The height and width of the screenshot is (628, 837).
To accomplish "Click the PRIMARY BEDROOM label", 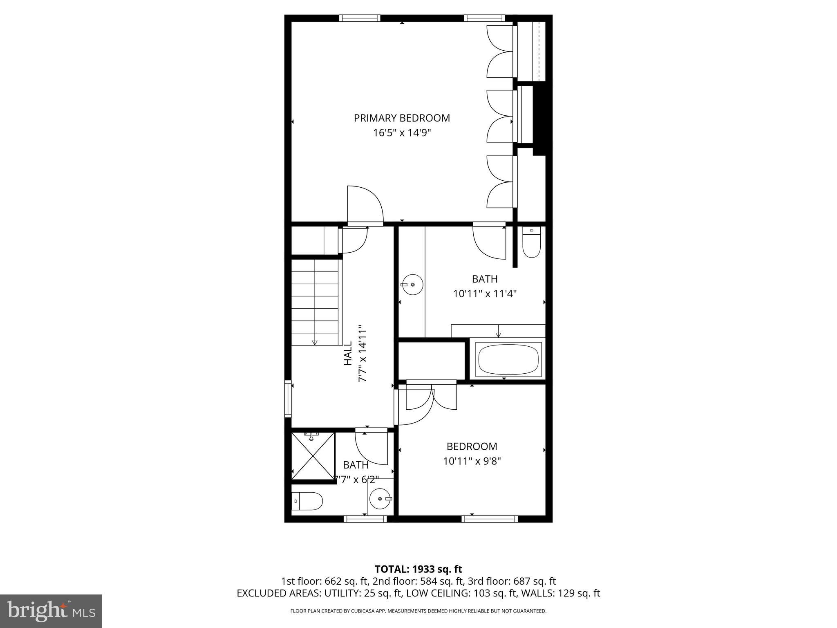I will point(402,118).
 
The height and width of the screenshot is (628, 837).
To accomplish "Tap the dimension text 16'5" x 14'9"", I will point(402,133).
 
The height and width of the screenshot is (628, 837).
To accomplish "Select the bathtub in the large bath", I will point(508,359).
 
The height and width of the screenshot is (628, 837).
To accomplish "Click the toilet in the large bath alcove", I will point(531,244).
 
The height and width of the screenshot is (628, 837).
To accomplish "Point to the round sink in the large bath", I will point(412,285).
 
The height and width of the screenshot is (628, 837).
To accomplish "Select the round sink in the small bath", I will point(380,499).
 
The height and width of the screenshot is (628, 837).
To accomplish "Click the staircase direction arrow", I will point(315,342).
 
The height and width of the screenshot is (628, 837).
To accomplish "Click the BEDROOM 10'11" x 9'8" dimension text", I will point(472,461).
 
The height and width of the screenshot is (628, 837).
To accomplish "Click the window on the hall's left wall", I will point(288,399).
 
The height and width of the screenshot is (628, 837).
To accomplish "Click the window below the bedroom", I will point(490,519).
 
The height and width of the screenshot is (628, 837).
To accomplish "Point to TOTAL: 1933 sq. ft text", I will point(418,569).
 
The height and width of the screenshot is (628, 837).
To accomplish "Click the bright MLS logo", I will point(51,611).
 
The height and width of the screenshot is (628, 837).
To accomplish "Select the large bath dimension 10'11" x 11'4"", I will point(485,294).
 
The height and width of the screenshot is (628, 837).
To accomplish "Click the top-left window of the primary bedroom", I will point(360,18).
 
